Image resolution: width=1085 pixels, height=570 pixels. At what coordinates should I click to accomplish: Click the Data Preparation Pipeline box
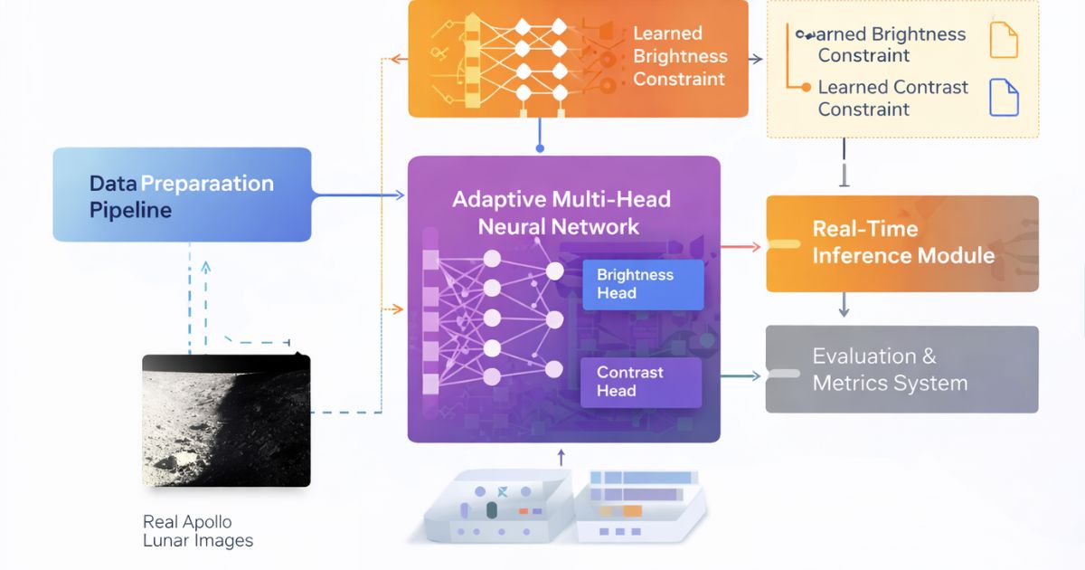(x=181, y=195)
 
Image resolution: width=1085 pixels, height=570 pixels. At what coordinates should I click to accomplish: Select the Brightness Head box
(x=643, y=284)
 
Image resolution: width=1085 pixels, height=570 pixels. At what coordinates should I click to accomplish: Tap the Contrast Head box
(x=643, y=382)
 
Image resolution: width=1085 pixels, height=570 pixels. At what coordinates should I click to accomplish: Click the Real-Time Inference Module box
(x=902, y=243)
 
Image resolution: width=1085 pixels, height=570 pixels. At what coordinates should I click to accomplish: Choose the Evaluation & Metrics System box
(x=902, y=369)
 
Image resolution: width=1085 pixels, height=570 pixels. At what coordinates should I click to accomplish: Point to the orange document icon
(x=1004, y=41)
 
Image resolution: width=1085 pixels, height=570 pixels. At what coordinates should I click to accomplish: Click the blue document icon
(x=1004, y=98)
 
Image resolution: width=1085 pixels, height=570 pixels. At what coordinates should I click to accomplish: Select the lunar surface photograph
(x=226, y=421)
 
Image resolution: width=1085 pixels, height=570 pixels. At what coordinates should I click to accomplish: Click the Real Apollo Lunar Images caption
(x=198, y=531)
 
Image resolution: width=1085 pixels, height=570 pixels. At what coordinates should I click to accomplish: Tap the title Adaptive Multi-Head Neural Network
(x=561, y=213)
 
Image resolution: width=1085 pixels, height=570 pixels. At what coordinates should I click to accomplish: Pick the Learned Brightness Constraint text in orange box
(x=679, y=56)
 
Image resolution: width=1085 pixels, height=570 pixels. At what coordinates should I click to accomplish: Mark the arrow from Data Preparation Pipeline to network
(x=358, y=195)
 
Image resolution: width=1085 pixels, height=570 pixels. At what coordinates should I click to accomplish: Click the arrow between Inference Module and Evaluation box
(x=844, y=305)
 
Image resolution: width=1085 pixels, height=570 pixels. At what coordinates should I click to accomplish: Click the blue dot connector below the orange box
(x=540, y=147)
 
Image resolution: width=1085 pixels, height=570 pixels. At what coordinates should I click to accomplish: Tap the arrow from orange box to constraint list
(x=756, y=59)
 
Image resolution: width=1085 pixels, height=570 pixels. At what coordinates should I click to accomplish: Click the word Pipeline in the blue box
(x=130, y=211)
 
